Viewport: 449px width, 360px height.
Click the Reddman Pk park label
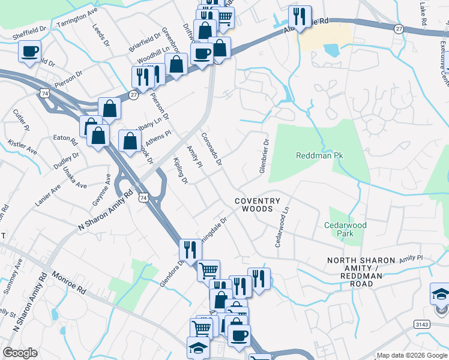click(319, 155)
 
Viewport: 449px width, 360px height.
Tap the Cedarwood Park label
click(345, 229)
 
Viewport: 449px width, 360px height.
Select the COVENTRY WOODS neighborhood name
click(258, 205)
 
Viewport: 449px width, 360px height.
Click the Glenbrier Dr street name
click(263, 156)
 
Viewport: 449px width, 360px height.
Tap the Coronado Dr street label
click(212, 149)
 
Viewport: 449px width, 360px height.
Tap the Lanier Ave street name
click(47, 196)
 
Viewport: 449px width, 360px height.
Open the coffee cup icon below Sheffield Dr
click(30, 52)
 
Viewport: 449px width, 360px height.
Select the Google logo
click(20, 353)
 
